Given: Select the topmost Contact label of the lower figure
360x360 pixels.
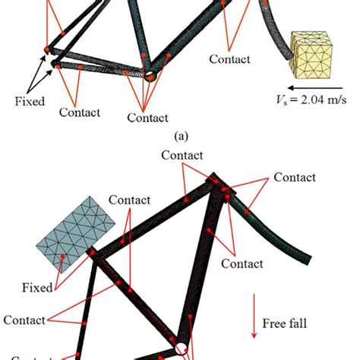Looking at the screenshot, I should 182,156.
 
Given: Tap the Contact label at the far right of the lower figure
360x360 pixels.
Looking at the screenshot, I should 295,178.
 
